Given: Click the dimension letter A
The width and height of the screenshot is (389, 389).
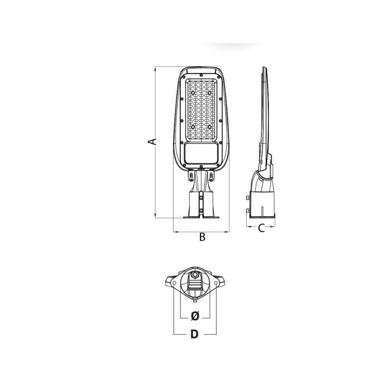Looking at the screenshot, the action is pyautogui.click(x=152, y=142).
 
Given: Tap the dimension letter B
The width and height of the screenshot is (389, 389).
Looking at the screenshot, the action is pyautogui.click(x=202, y=237).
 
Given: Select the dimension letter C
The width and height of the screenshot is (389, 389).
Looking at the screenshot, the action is pyautogui.click(x=261, y=228).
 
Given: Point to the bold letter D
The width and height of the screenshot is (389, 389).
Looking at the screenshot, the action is pyautogui.click(x=195, y=334).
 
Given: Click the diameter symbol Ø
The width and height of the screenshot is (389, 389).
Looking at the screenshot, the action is pyautogui.click(x=195, y=316).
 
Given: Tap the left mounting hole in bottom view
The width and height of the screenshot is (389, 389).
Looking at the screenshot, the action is pyautogui.click(x=174, y=283).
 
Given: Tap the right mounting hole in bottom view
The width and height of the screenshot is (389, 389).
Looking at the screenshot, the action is pyautogui.click(x=216, y=283).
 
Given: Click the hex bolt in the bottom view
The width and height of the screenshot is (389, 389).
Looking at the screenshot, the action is pyautogui.click(x=195, y=275).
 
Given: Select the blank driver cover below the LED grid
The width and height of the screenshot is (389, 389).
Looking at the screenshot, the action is pyautogui.click(x=201, y=153).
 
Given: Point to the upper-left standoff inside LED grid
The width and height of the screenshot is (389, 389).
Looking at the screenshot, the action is pyautogui.click(x=193, y=93).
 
